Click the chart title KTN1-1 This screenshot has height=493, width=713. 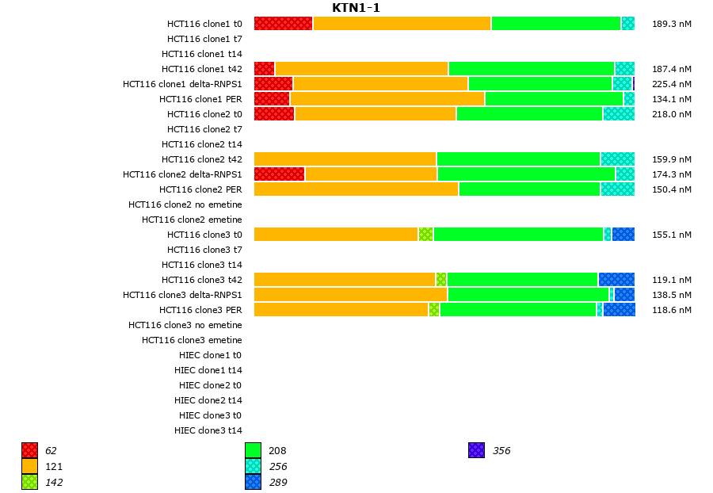(x=356, y=8)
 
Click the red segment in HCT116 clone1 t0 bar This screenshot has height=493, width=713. (x=284, y=24)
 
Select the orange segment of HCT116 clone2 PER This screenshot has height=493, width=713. (x=356, y=189)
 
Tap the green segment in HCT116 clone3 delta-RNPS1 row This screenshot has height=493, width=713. (x=528, y=295)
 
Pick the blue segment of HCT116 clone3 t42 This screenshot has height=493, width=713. (x=616, y=280)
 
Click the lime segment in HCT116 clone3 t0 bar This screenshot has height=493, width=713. (x=425, y=235)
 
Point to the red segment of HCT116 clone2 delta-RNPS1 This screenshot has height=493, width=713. (x=279, y=174)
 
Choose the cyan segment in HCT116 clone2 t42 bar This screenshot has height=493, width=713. (x=617, y=159)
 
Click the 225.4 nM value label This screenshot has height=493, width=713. (x=671, y=84)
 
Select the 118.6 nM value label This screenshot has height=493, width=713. (x=671, y=310)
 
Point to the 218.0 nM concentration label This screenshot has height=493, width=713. (x=671, y=114)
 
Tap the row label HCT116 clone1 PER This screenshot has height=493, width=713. (x=200, y=99)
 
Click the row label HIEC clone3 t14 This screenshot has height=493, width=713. (x=208, y=430)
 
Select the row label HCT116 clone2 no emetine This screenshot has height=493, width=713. (x=185, y=204)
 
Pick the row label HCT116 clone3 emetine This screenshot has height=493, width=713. (x=192, y=340)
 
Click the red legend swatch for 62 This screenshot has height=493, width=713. (x=30, y=451)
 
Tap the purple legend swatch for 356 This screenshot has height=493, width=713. (x=476, y=451)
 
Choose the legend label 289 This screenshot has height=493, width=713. (x=277, y=483)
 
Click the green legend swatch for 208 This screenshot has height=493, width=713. (x=253, y=451)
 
